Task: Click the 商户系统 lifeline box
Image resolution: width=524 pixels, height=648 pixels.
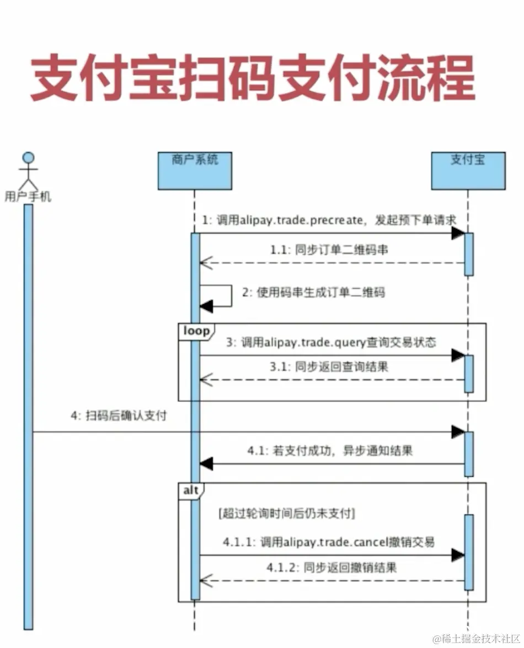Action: pyautogui.click(x=195, y=170)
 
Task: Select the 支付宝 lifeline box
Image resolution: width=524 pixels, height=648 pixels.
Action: pyautogui.click(x=468, y=170)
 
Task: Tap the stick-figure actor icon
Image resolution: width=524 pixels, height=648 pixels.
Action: pyautogui.click(x=28, y=170)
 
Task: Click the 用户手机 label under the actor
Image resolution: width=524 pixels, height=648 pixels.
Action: pyautogui.click(x=28, y=197)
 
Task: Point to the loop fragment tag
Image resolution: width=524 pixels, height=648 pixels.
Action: pyautogui.click(x=196, y=331)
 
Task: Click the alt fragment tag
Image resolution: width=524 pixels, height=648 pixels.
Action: pyautogui.click(x=191, y=490)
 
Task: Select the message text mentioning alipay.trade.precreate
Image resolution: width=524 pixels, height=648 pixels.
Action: pyautogui.click(x=329, y=220)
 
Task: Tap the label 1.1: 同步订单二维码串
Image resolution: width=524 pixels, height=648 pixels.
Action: pyautogui.click(x=329, y=250)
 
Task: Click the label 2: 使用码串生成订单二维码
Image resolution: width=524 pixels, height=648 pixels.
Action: pyautogui.click(x=313, y=293)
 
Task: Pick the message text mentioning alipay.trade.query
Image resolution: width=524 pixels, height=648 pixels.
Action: pyautogui.click(x=331, y=342)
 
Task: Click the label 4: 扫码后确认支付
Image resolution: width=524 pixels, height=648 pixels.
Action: pyautogui.click(x=119, y=416)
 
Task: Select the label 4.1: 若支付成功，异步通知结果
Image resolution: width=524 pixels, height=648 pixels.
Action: pyautogui.click(x=330, y=451)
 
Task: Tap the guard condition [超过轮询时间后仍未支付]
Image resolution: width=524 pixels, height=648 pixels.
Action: pyautogui.click(x=286, y=514)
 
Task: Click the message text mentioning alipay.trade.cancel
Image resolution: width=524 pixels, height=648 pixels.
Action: pyautogui.click(x=329, y=542)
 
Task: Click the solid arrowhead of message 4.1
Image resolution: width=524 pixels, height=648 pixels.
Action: pyautogui.click(x=206, y=464)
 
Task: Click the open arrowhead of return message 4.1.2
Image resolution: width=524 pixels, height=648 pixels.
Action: pyautogui.click(x=205, y=580)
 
